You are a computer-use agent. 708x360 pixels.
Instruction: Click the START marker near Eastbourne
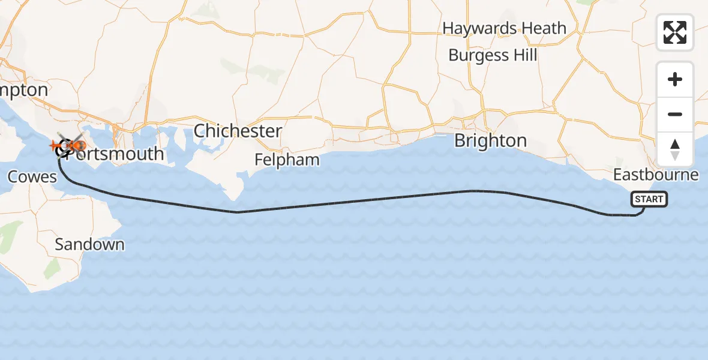[x=649, y=199]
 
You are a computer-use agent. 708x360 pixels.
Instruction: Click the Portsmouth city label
[x=114, y=154]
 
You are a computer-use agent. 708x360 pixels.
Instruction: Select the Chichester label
[x=238, y=131]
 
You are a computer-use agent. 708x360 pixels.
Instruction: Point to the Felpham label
[x=287, y=160]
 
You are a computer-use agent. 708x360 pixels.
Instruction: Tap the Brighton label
[x=490, y=141]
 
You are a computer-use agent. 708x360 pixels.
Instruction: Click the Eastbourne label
[x=656, y=175]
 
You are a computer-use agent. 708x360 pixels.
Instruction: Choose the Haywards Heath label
[x=504, y=28]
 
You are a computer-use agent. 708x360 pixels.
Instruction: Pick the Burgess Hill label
[x=493, y=55]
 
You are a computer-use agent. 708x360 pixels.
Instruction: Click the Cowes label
[x=32, y=176]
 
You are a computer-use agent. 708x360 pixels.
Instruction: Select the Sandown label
[x=89, y=244]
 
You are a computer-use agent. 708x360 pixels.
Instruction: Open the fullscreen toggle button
[x=675, y=32]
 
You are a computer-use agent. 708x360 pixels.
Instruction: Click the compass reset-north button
[x=675, y=149]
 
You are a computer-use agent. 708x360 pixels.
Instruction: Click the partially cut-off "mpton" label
[x=24, y=90]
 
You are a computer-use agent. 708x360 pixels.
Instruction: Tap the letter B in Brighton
[x=460, y=141]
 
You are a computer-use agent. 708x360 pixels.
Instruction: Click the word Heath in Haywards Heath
[x=544, y=28]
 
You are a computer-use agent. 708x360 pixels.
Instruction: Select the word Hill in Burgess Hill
[x=525, y=55]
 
